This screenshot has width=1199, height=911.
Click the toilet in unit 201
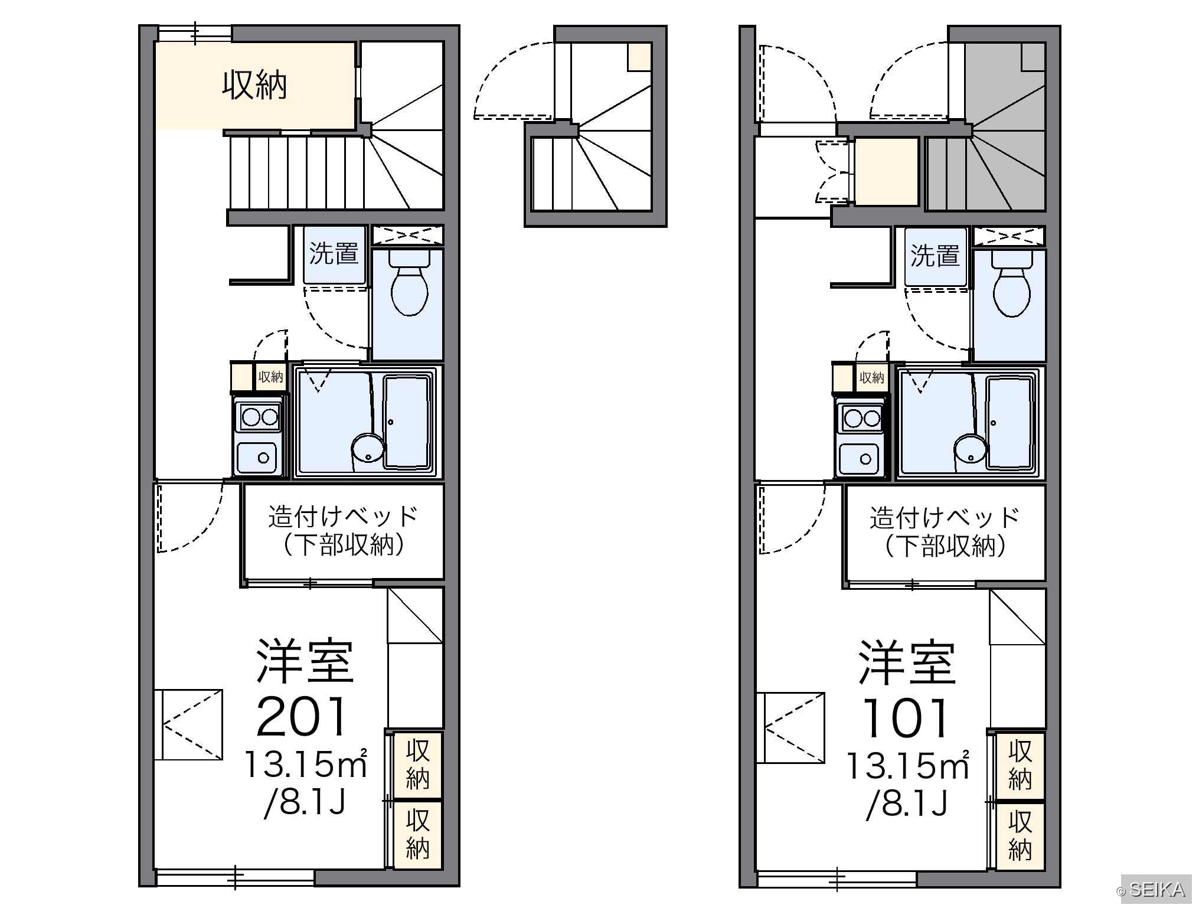(409, 283)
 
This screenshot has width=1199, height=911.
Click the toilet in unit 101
(1012, 285)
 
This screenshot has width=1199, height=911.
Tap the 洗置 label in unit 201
(334, 253)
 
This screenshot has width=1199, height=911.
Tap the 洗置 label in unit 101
(935, 256)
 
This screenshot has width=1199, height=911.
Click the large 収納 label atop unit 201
(254, 86)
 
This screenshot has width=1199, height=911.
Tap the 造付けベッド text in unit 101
(945, 518)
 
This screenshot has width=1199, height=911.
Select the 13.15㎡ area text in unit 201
(306, 764)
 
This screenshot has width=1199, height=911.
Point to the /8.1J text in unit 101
(907, 804)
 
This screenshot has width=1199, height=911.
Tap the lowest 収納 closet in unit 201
(417, 835)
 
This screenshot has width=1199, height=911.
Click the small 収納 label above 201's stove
(271, 377)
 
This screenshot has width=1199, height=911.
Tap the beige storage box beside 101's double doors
(887, 172)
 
